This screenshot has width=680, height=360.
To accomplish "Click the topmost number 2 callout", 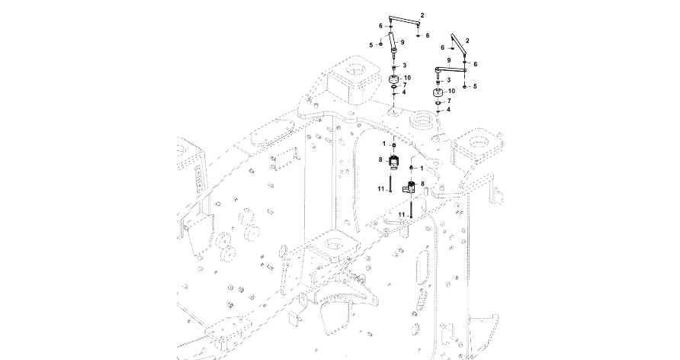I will pos(422,16).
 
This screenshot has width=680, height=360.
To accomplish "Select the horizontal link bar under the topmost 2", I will pos(405,21).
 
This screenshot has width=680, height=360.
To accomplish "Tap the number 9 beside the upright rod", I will pos(403,41).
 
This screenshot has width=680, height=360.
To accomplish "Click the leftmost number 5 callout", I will pos(370,45).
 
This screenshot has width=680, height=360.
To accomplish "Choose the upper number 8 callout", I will pos(380,159).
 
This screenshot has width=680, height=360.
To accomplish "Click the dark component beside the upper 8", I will pos(393,162).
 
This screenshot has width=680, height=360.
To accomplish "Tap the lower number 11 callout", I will pos(399,215).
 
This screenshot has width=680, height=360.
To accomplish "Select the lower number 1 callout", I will pos(421,167).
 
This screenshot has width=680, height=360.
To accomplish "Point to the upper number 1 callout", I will pos(383,145).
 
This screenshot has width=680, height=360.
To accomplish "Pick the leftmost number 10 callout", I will pos(407,78).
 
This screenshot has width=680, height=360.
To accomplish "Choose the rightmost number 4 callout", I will pos(448,110).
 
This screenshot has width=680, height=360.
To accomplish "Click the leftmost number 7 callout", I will pos(404,85).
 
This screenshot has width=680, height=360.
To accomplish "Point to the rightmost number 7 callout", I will pos(449,101).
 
